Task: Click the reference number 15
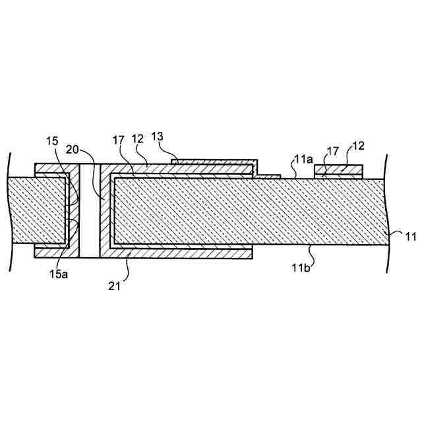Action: point(53,140)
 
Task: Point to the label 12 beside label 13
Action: point(137,140)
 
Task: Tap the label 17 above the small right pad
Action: point(328,150)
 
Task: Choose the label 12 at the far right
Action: point(359,146)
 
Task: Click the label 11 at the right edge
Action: point(410,235)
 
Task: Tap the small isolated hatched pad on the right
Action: point(338,171)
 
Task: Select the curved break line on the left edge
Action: point(11,211)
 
